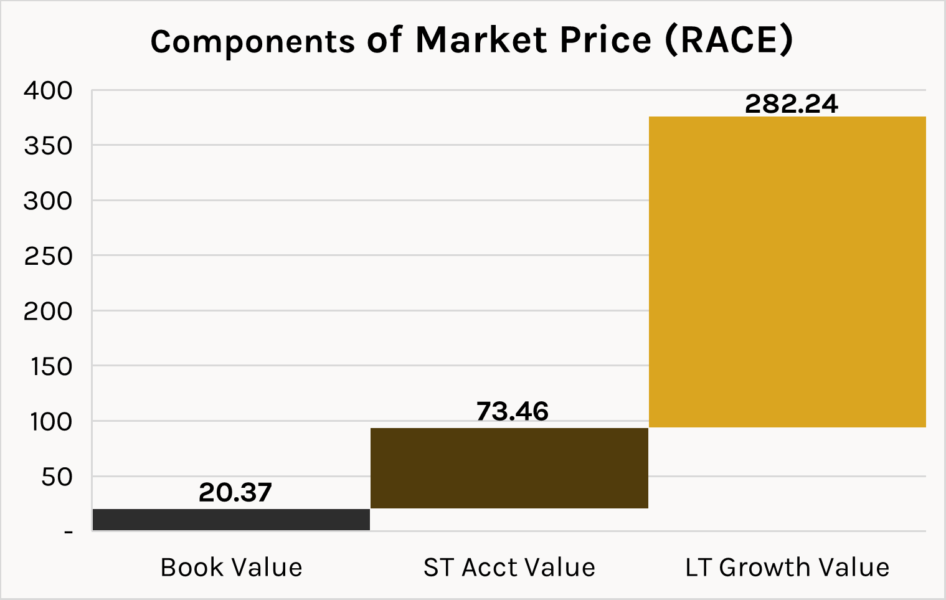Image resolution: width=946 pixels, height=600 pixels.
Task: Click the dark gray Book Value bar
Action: [231, 520]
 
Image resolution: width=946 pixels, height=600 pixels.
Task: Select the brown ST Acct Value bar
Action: [509, 468]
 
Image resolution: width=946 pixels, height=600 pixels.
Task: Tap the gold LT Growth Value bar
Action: [787, 272]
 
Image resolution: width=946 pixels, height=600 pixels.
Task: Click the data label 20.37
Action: [235, 493]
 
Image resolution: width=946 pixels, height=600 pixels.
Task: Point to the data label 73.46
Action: [513, 412]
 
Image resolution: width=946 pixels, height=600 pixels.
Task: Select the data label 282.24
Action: [792, 104]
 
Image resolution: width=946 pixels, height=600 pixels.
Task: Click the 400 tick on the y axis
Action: [48, 91]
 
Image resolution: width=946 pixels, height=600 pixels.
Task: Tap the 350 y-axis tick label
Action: [48, 146]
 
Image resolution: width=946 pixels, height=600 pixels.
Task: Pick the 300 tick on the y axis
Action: [48, 201]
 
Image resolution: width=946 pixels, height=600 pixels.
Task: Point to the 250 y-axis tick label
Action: [48, 256]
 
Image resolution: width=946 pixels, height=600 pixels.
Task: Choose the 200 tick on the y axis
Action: [48, 312]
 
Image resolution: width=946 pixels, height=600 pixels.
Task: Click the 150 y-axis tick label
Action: [51, 366]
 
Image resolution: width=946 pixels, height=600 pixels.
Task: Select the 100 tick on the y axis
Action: [51, 422]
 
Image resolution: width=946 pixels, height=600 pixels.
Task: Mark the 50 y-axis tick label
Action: [56, 477]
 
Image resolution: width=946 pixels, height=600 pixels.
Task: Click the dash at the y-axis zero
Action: [68, 532]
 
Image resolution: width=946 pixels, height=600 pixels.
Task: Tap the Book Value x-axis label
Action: [231, 568]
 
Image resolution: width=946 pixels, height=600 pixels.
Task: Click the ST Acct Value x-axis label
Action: [509, 568]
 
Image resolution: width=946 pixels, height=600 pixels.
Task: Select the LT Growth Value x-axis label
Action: [787, 568]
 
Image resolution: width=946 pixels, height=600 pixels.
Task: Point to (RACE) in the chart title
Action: [729, 40]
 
